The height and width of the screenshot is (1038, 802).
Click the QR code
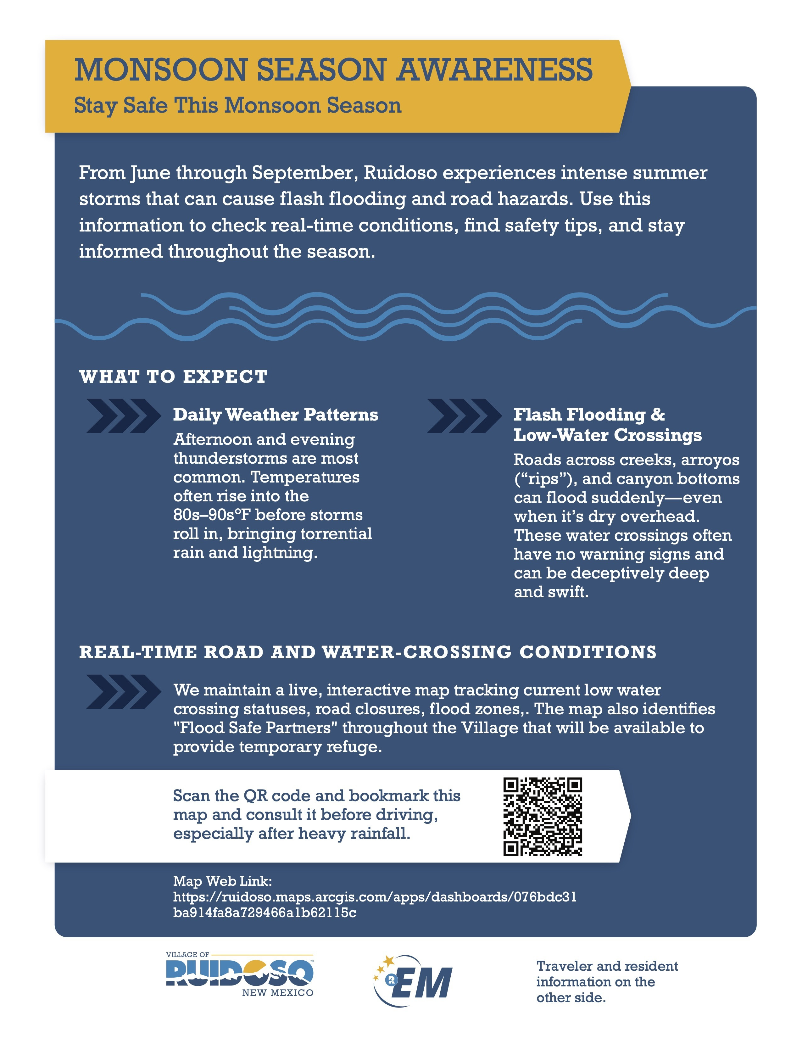pyautogui.click(x=543, y=817)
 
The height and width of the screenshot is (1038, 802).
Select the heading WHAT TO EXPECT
pyautogui.click(x=173, y=377)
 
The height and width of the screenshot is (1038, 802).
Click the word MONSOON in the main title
pyautogui.click(x=160, y=70)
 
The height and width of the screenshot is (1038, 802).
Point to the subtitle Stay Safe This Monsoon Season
pyautogui.click(x=237, y=105)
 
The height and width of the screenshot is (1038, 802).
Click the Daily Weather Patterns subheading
pyautogui.click(x=276, y=415)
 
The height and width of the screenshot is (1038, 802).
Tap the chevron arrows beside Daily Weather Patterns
pyautogui.click(x=124, y=416)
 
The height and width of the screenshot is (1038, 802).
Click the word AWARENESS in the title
pyautogui.click(x=495, y=70)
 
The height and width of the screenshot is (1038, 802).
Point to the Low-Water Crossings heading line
pyautogui.click(x=607, y=435)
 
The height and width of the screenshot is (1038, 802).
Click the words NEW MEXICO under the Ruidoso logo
pyautogui.click(x=277, y=993)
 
